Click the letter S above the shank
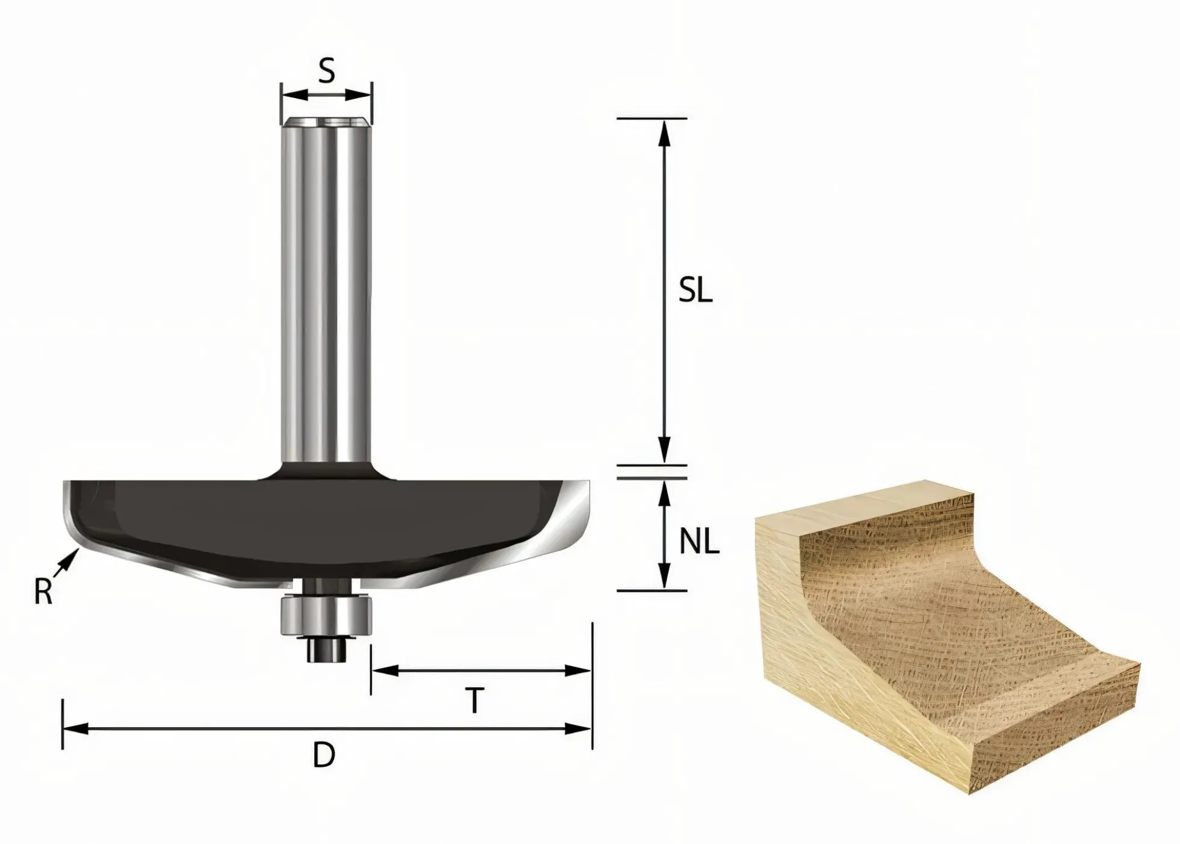326,70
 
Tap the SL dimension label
695,291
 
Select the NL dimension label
699,542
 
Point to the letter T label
475,701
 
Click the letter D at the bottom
324,755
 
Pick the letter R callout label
43,592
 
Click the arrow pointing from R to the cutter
66,564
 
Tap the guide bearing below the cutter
326,614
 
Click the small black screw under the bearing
326,649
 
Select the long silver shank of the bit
326,289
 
